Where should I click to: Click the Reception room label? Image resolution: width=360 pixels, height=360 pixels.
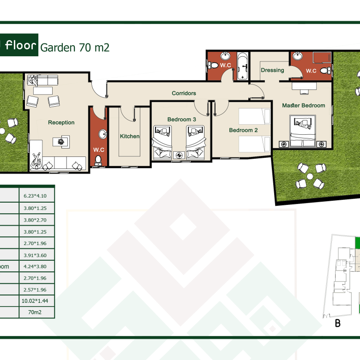tap(61, 123)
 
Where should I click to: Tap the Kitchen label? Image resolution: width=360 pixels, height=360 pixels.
tap(130, 136)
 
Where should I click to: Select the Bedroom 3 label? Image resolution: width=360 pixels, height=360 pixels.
tap(181, 120)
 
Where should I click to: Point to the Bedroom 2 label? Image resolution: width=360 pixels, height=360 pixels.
tap(243, 130)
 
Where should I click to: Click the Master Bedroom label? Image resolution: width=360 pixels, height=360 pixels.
tap(304, 105)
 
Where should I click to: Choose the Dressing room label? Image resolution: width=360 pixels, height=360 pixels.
tap(272, 70)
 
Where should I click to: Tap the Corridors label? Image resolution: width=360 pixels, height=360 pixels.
tap(184, 93)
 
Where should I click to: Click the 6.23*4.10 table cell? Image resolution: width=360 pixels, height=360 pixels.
tap(35, 196)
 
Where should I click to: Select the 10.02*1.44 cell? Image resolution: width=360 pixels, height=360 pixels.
tap(35, 301)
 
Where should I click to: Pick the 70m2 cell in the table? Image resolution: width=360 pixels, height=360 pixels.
tap(35, 312)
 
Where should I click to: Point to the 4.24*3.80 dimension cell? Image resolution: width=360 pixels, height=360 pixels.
tap(35, 267)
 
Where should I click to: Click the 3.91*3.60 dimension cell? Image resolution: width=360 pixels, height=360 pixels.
tap(35, 255)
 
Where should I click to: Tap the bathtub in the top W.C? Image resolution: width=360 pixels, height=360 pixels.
tap(242, 66)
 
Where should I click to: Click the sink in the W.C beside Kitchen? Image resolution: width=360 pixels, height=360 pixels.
tap(103, 134)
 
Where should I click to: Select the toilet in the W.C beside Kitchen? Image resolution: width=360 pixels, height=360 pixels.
tap(98, 161)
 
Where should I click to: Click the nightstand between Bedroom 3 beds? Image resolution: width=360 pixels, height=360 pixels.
tap(179, 155)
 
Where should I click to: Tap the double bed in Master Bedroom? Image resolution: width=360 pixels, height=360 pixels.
tap(303, 131)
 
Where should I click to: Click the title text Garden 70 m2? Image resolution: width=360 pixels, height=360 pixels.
tap(75, 48)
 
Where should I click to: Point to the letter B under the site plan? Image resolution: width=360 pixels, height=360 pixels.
tap(338, 323)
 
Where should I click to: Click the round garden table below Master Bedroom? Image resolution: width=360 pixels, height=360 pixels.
tap(310, 177)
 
